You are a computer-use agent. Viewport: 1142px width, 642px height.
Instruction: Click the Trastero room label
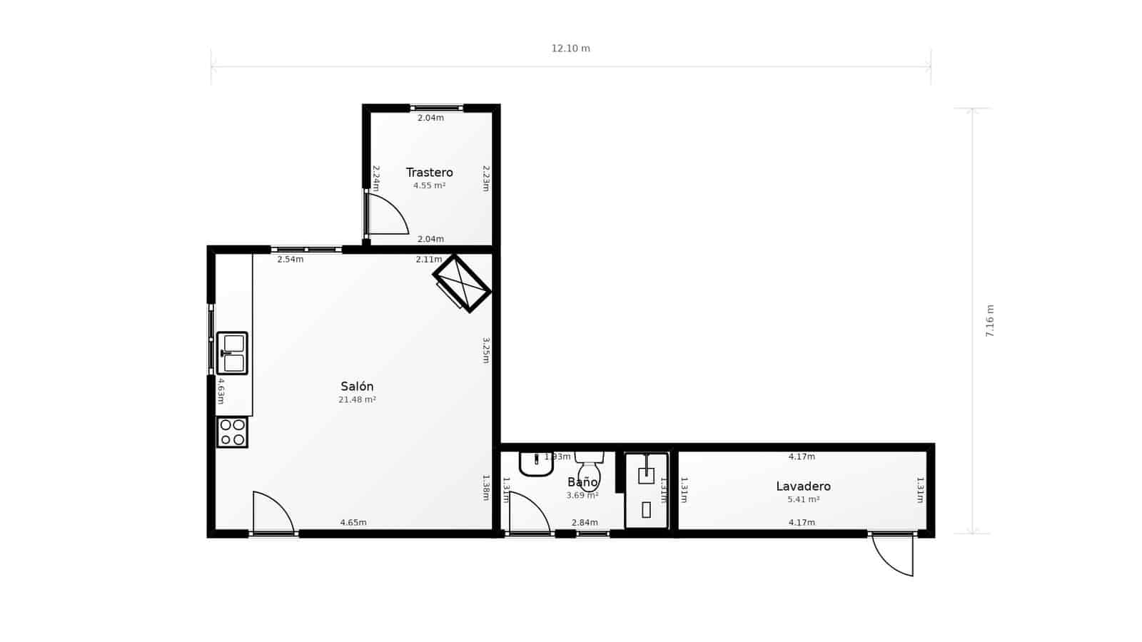coord(429,173)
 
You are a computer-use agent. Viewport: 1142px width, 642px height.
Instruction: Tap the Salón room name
coord(357,387)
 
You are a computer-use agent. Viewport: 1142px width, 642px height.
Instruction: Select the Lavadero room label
coord(803,486)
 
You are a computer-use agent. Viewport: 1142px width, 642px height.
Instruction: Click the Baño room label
coord(582,483)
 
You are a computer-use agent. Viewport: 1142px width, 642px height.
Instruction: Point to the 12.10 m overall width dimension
coord(570,49)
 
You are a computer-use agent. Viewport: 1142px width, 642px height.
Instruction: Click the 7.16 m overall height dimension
coord(990,321)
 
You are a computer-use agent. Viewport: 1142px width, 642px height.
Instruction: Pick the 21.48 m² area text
coord(357,400)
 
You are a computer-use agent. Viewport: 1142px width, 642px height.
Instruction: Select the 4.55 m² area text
coord(429,185)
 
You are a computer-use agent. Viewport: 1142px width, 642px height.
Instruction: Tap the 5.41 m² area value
coord(803,500)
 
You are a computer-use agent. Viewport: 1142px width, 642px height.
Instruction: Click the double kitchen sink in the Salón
coord(232,353)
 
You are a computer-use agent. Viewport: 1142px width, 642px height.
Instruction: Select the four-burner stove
coord(232,432)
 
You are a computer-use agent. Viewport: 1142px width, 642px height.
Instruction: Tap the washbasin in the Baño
coord(536,464)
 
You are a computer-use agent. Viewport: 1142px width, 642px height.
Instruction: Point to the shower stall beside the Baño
coord(646,491)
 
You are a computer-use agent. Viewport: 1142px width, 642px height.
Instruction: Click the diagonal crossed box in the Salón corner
coord(462,283)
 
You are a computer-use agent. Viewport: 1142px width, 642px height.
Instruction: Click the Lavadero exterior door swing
coord(894,555)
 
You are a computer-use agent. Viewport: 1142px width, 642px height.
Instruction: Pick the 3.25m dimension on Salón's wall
coord(485,350)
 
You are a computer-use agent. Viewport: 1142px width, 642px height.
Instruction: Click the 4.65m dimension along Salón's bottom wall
coord(353,523)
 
